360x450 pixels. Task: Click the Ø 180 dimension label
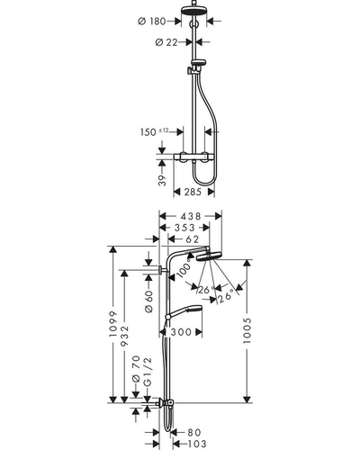point(151,22)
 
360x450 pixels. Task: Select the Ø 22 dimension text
point(166,42)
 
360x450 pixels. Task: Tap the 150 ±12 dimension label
point(155,131)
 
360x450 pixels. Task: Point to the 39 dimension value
point(162,180)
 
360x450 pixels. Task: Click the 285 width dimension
point(193,192)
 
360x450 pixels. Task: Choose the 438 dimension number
point(190,216)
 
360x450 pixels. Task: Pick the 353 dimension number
point(184,228)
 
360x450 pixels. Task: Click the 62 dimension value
point(193,239)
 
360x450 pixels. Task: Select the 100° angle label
point(184,270)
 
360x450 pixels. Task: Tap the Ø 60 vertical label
point(149,301)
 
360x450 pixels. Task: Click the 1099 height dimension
point(113,324)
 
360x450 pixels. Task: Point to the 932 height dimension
point(124,336)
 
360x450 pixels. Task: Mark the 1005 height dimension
point(247,330)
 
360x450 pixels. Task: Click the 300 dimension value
point(181,332)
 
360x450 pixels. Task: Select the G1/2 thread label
point(148,371)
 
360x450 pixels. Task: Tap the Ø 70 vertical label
point(136,369)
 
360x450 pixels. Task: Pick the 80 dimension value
point(193,432)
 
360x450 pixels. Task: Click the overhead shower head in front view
point(193,11)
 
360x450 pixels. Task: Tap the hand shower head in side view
point(186,311)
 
